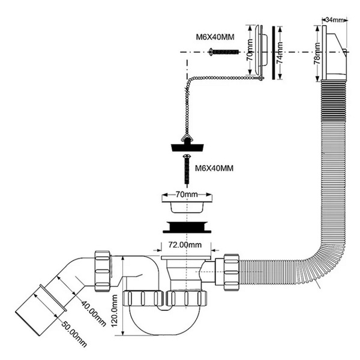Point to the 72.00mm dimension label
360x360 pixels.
[184, 245]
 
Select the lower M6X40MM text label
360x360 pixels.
[215, 169]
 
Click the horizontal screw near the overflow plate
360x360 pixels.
[223, 53]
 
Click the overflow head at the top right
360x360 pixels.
[332, 54]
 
